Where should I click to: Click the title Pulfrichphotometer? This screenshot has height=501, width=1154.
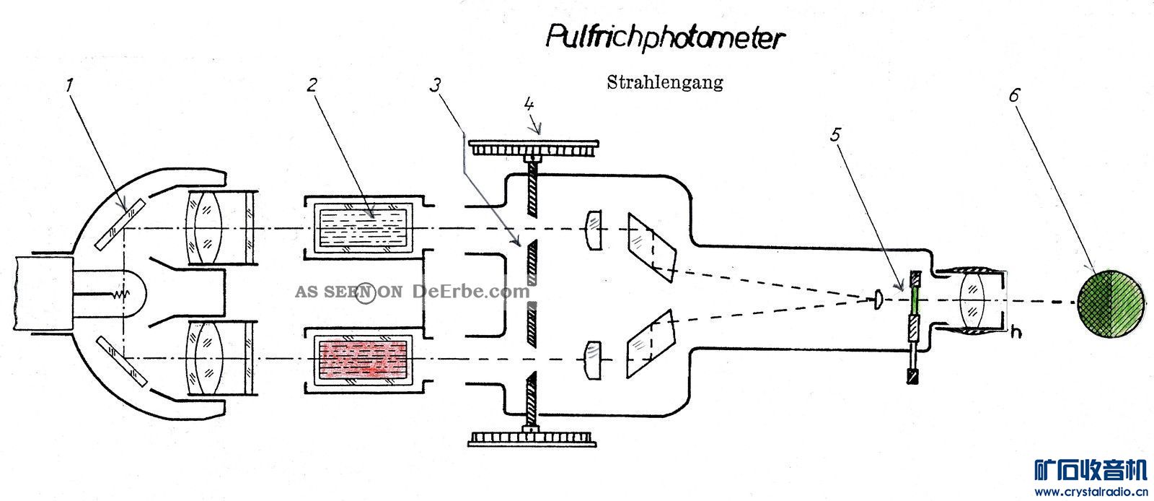(x=665, y=38)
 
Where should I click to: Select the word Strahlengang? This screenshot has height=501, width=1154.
(x=665, y=82)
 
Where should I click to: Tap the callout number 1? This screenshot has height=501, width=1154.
(x=69, y=85)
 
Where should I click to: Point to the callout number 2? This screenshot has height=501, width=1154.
(x=312, y=85)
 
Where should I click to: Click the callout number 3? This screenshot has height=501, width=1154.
(x=436, y=85)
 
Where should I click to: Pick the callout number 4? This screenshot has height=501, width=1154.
(x=529, y=104)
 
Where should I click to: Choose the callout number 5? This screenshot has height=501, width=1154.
(x=835, y=134)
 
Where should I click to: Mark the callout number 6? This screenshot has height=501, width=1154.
(x=1014, y=95)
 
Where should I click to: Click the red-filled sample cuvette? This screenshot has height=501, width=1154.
(x=364, y=359)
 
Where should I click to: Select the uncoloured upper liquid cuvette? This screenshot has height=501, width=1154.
(x=364, y=227)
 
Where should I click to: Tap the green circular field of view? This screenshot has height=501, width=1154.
(x=1111, y=304)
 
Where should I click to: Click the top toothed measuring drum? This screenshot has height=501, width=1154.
(x=534, y=147)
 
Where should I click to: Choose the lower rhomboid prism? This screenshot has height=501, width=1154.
(x=651, y=344)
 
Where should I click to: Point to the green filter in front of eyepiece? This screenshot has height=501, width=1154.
(x=915, y=300)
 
